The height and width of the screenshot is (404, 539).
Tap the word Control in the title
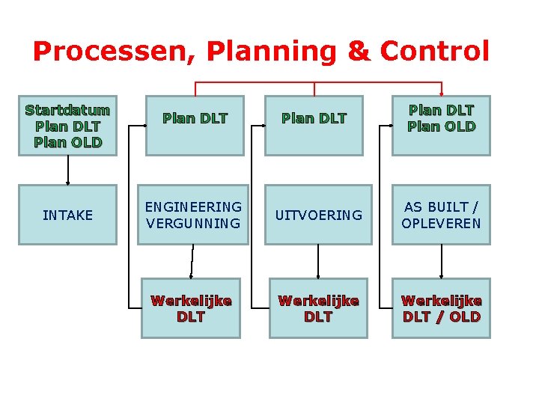pyautogui.click(x=434, y=52)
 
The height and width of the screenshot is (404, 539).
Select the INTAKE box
pyautogui.click(x=67, y=215)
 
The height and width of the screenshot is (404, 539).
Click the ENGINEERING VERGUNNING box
pyautogui.click(x=193, y=215)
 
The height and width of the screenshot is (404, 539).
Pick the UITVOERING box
pyautogui.click(x=318, y=215)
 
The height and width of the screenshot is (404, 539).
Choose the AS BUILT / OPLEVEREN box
pyautogui.click(x=441, y=215)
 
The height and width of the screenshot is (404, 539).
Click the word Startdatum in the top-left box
pyautogui.click(x=67, y=110)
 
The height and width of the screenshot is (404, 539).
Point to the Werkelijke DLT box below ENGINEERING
pyautogui.click(x=191, y=308)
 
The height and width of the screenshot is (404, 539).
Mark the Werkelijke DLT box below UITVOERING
pyautogui.click(x=318, y=308)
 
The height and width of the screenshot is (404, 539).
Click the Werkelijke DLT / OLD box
pyautogui.click(x=441, y=308)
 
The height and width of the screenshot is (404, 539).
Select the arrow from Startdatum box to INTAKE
pyautogui.click(x=68, y=170)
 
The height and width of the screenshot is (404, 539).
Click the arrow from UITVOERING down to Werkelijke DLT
pyautogui.click(x=318, y=261)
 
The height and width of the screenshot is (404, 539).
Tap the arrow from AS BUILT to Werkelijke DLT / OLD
pyautogui.click(x=441, y=261)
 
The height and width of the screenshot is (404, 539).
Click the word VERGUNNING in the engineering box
pyautogui.click(x=193, y=223)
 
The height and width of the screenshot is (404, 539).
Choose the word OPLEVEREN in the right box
pyautogui.click(x=441, y=223)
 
